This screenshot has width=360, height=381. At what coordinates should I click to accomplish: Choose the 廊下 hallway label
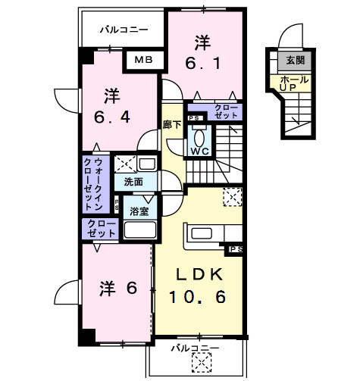(x=171, y=124)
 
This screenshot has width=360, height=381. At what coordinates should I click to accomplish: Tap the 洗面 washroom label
(x=133, y=182)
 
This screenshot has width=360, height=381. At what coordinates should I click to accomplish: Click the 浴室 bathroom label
(x=139, y=211)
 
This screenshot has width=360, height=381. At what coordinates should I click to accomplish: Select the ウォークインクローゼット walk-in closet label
(x=95, y=184)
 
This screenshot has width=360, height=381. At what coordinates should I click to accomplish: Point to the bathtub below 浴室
(x=139, y=230)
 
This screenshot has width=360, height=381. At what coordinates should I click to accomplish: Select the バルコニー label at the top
(x=124, y=30)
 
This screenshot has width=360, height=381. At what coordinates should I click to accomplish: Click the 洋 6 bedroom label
(x=117, y=288)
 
